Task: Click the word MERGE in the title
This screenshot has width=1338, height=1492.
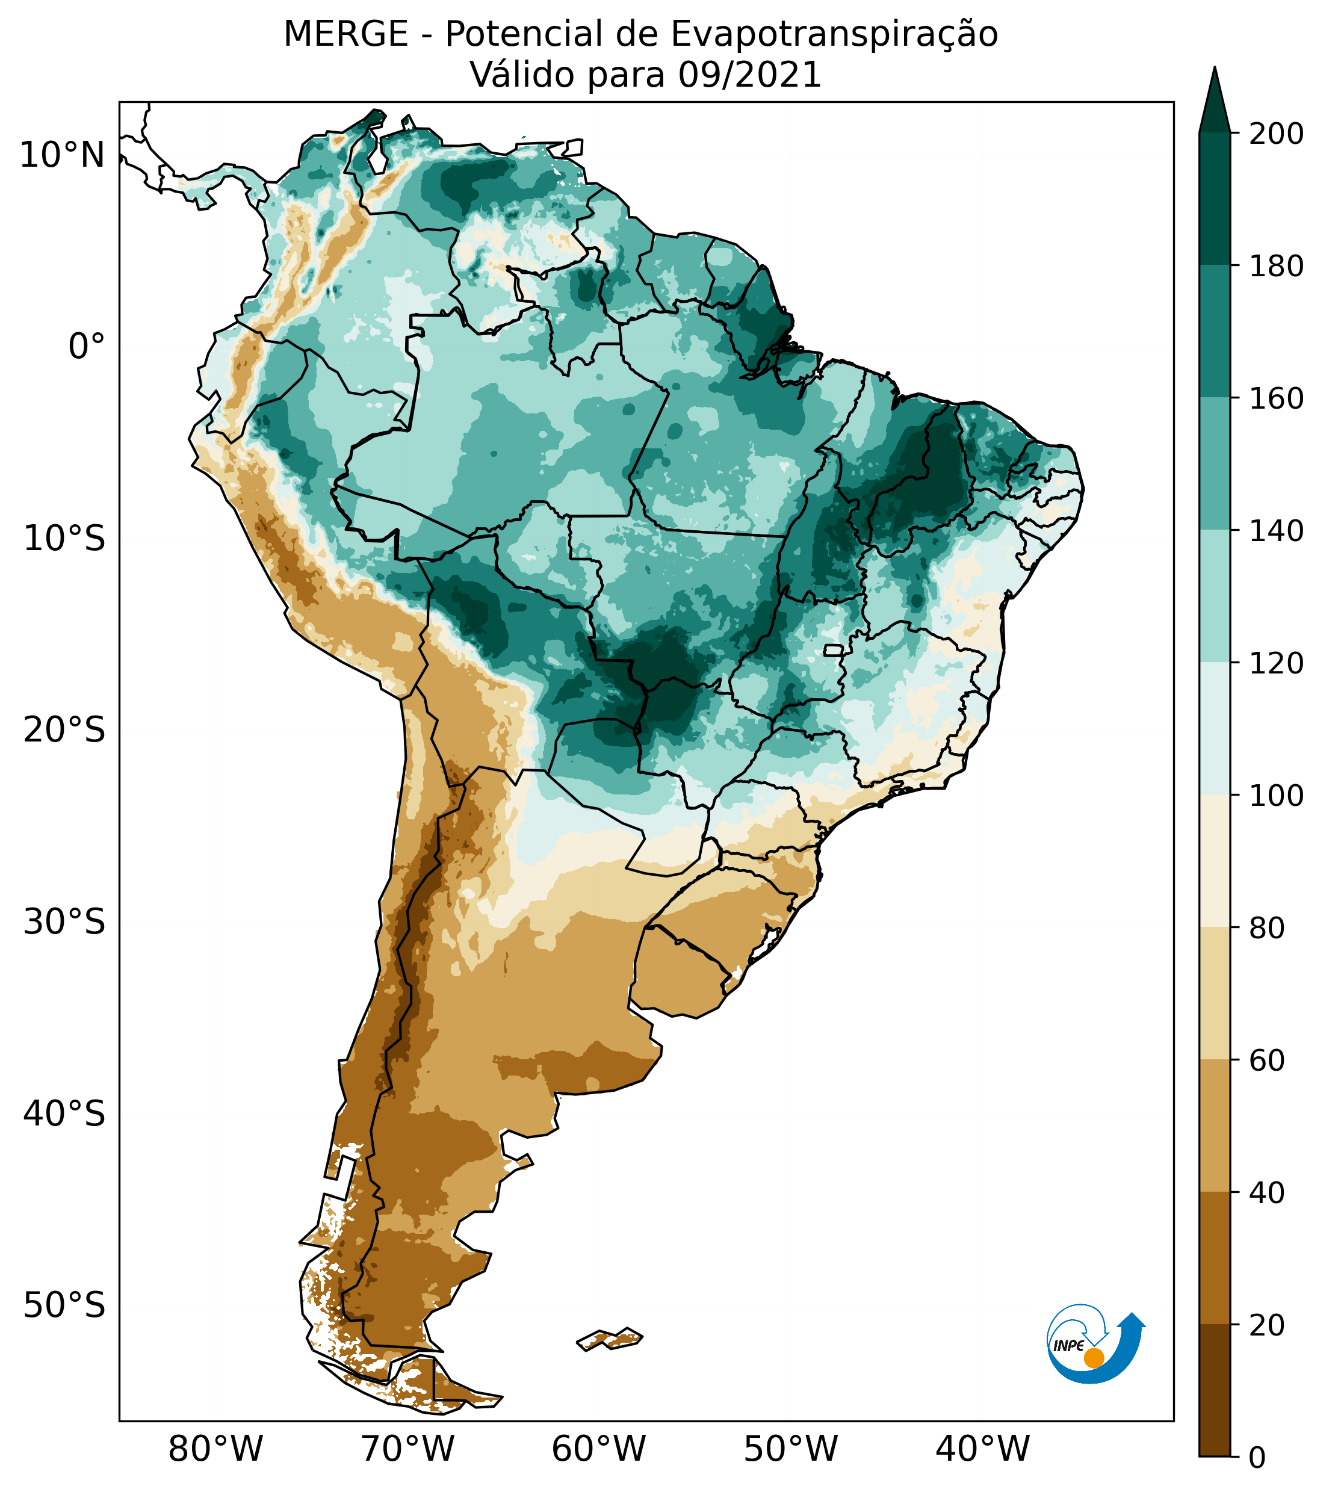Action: point(345,34)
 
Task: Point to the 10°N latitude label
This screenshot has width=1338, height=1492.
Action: point(62,156)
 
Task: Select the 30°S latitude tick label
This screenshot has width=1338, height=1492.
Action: point(64,923)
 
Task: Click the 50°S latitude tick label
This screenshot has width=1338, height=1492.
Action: point(64,1306)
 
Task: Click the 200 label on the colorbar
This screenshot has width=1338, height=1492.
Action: point(1276,134)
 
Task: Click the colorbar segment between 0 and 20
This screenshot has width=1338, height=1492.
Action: point(1214,1390)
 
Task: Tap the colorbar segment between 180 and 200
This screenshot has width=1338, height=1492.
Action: point(1214,199)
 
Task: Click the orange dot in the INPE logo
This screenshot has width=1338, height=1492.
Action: point(1094,1358)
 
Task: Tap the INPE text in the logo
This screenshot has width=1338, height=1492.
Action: point(1068,1346)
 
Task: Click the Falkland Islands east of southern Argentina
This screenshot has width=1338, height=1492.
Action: point(610,1339)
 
